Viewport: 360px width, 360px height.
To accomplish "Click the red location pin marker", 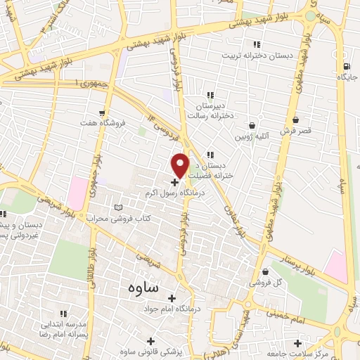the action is (x=181, y=165).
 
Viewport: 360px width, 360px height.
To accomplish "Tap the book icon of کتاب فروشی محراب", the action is (x=117, y=207).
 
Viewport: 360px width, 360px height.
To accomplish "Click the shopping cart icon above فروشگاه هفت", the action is (x=103, y=112).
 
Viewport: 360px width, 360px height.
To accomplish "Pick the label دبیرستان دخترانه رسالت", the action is (x=211, y=110).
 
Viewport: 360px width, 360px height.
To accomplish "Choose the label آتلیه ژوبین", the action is (x=252, y=135).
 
